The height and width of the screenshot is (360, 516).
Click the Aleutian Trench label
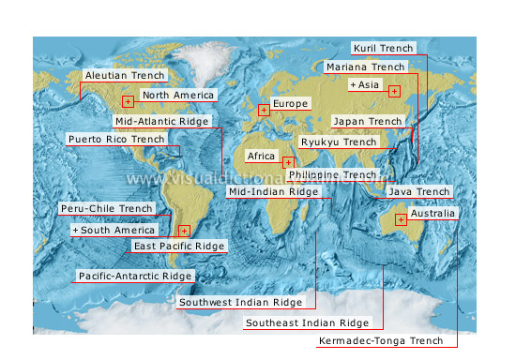pyautogui.click(x=124, y=75)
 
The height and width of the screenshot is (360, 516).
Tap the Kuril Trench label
pyautogui.click(x=382, y=47)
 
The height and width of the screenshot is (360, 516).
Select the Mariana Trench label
pyautogui.click(x=366, y=67)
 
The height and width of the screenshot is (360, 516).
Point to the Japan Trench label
pyautogui.click(x=368, y=121)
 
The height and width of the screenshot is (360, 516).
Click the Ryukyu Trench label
pyautogui.click(x=338, y=142)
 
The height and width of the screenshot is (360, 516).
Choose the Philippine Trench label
pyautogui.click(x=332, y=174)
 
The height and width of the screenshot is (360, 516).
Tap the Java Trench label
pyautogui.click(x=419, y=191)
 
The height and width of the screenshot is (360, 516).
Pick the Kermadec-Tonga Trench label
pyautogui.click(x=381, y=340)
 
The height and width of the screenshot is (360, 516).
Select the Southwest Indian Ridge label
pyautogui.click(x=241, y=303)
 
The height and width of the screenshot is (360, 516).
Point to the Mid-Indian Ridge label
pyautogui.click(x=273, y=191)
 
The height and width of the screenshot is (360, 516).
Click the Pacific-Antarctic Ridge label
pyautogui.click(x=135, y=276)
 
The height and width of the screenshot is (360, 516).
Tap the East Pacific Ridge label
pyautogui.click(x=179, y=246)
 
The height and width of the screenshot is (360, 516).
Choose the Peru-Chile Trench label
pyautogui.click(x=106, y=208)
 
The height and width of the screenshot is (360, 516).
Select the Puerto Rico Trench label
pyautogui.click(x=116, y=139)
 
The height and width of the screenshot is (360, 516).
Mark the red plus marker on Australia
pyautogui.click(x=401, y=220)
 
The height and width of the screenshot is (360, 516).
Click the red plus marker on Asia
pyautogui.click(x=394, y=91)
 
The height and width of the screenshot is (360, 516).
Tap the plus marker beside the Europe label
pyautogui.click(x=264, y=111)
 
